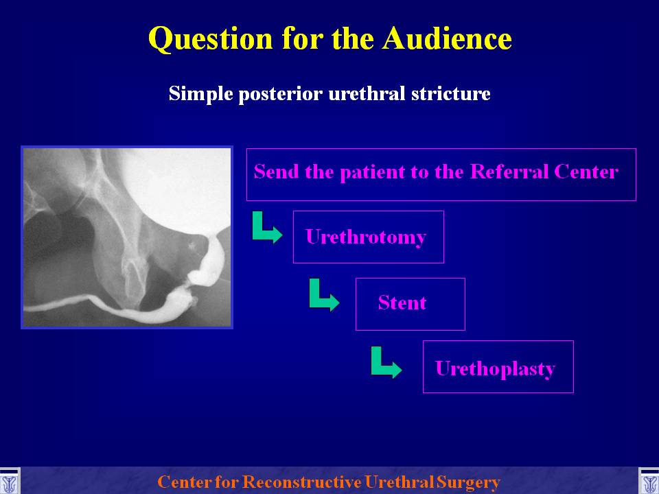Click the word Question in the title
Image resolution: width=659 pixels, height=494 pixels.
point(211,39)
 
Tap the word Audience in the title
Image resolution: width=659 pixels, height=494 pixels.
point(447,38)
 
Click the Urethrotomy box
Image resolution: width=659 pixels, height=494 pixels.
point(368,237)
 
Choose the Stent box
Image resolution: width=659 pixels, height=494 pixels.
point(411,304)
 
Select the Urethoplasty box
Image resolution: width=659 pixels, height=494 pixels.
point(498,366)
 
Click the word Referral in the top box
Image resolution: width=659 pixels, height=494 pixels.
point(509,172)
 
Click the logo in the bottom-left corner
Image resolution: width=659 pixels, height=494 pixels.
point(9,482)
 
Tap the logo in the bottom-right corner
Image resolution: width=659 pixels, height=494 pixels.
point(649,482)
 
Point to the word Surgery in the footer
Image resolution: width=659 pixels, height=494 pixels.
point(469,482)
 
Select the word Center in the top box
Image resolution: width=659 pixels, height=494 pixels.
point(586,172)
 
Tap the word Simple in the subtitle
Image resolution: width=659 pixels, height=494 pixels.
point(201,94)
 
